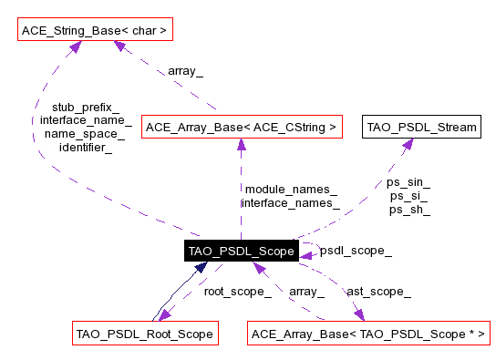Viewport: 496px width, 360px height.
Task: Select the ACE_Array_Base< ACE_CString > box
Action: click(242, 128)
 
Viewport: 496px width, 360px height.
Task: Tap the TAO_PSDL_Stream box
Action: click(421, 128)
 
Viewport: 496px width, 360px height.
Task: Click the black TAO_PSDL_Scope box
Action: click(242, 252)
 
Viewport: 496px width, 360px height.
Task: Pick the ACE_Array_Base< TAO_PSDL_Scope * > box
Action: click(368, 334)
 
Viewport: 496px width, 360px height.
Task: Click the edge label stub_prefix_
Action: click(86, 107)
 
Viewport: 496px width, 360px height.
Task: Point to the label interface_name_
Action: click(86, 120)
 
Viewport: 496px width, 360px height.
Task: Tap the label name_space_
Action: click(86, 133)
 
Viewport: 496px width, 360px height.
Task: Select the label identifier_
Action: click(86, 147)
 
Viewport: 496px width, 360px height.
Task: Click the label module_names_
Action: click(290, 189)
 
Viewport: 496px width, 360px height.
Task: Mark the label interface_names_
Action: click(290, 202)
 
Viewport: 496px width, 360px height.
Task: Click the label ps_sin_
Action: click(409, 182)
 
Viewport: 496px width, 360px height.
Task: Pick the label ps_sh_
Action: click(409, 210)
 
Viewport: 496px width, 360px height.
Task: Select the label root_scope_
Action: click(237, 292)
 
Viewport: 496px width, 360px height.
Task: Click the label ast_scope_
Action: click(378, 292)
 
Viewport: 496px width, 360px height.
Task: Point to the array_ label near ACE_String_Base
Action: click(185, 69)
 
